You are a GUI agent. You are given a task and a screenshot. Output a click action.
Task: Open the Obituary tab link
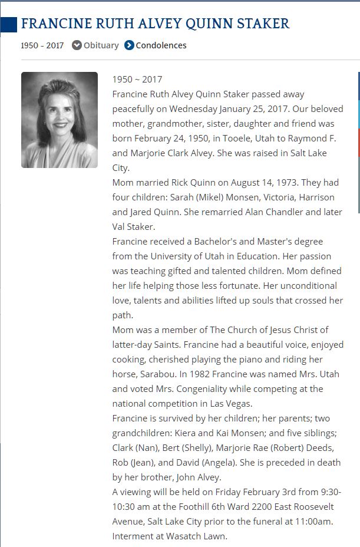click(x=101, y=45)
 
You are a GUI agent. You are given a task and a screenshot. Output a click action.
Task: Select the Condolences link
click(x=161, y=45)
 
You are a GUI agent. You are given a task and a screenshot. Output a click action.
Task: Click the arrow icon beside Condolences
click(x=130, y=45)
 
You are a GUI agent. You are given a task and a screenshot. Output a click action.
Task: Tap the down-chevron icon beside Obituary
click(x=77, y=45)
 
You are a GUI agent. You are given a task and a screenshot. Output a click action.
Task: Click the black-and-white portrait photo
click(x=60, y=120)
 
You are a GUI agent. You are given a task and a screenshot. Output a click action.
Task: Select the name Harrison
click(x=313, y=197)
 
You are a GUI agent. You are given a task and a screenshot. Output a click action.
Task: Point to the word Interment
click(x=134, y=536)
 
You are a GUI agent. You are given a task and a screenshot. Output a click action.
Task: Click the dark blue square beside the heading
click(x=8, y=24)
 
